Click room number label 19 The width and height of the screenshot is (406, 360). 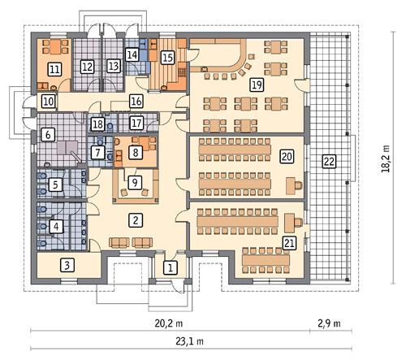pyautogui.click(x=256, y=84)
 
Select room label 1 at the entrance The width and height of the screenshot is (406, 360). pyautogui.click(x=170, y=267)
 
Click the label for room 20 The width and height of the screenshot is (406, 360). pyautogui.click(x=286, y=156)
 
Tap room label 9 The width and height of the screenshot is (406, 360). pyautogui.click(x=134, y=182)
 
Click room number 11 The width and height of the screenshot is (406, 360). pyautogui.click(x=54, y=69)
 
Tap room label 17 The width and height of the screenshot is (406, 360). pyautogui.click(x=136, y=123)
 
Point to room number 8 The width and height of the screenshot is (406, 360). pyautogui.click(x=136, y=150)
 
